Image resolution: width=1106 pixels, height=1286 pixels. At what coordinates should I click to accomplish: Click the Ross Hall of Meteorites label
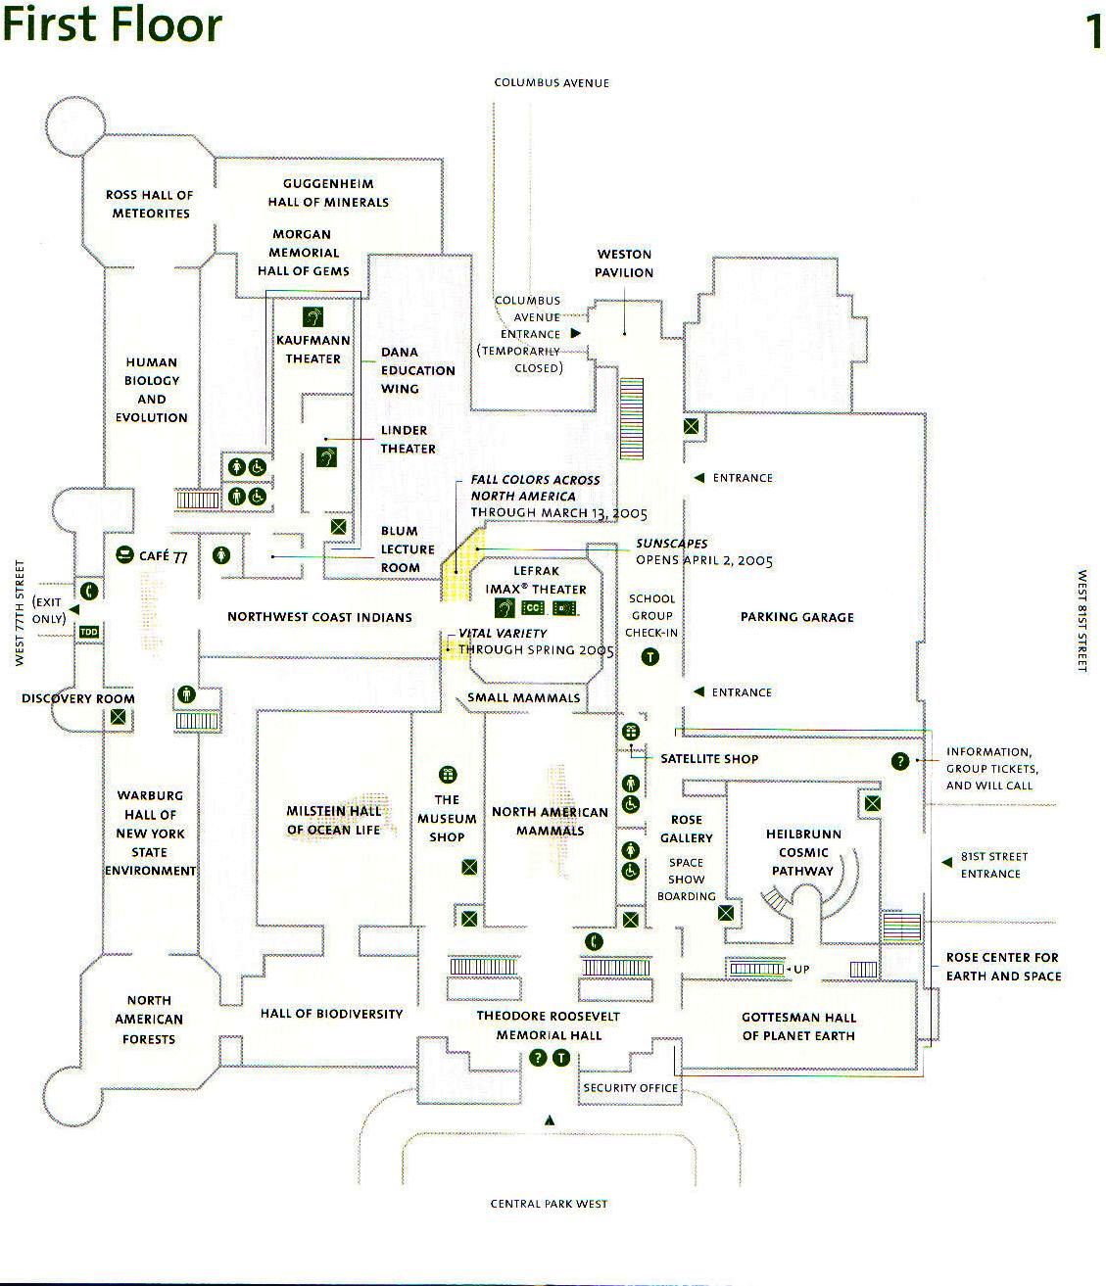[x=150, y=204]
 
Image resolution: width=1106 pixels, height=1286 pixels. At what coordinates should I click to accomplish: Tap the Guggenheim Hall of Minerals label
[x=328, y=193]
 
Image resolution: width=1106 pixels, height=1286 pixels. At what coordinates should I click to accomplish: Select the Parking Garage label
[x=796, y=617]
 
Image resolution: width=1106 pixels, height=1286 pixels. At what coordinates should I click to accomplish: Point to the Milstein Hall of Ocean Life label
[x=333, y=821]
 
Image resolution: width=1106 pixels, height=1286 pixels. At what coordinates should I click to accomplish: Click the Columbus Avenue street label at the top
[x=552, y=83]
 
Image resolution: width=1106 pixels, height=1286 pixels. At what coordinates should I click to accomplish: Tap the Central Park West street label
[x=549, y=1204]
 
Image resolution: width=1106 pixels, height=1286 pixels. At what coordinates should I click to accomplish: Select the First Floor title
[x=112, y=24]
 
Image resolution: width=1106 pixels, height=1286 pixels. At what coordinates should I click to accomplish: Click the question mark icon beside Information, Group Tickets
[x=900, y=761]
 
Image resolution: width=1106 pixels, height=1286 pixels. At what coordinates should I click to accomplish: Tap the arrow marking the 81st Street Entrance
[x=946, y=863]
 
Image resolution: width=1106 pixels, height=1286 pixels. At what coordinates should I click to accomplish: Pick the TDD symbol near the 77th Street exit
[x=89, y=632]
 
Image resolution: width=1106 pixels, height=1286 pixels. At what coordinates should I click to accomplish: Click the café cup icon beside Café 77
[x=124, y=555]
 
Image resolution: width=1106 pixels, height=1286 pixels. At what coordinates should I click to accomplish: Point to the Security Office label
[x=630, y=1088]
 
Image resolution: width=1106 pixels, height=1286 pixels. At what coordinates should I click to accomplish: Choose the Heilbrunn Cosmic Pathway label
[x=803, y=852]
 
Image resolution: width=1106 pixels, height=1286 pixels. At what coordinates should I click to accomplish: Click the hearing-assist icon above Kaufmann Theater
[x=313, y=317]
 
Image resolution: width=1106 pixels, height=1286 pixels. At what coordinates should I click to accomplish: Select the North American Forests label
[x=149, y=1020]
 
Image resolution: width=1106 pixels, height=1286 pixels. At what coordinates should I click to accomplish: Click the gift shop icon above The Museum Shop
[x=448, y=776]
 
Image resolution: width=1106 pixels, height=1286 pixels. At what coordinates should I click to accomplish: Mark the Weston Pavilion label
[x=624, y=263]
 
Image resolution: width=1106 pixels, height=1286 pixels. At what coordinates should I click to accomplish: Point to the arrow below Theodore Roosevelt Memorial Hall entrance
[x=550, y=1120]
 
